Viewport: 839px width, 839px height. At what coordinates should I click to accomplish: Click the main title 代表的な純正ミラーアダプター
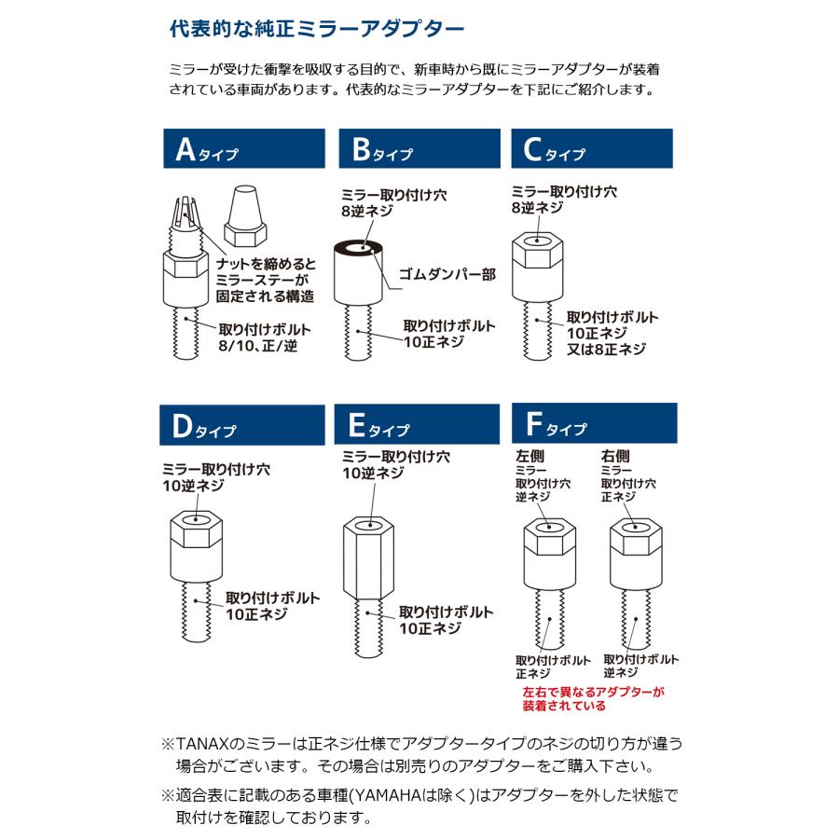316,29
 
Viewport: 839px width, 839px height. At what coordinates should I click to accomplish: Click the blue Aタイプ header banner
241,148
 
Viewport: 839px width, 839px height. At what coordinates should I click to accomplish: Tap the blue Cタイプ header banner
592,148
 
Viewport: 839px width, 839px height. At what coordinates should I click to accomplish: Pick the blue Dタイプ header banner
241,425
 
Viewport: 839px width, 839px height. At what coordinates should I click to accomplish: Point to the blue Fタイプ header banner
594,425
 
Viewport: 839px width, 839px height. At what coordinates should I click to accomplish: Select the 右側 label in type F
616,456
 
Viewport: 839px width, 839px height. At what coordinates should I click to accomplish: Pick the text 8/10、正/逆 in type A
256,346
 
